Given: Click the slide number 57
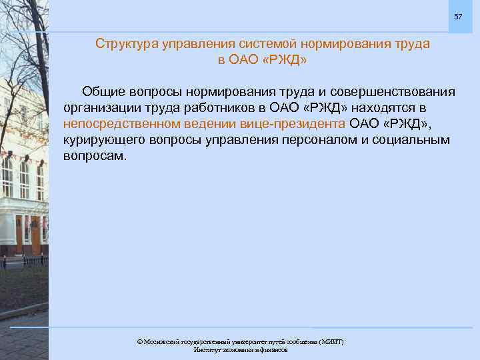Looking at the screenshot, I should coord(457,16).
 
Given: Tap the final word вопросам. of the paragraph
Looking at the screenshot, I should coord(94,157).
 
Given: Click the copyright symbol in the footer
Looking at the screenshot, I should coord(139,342).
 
